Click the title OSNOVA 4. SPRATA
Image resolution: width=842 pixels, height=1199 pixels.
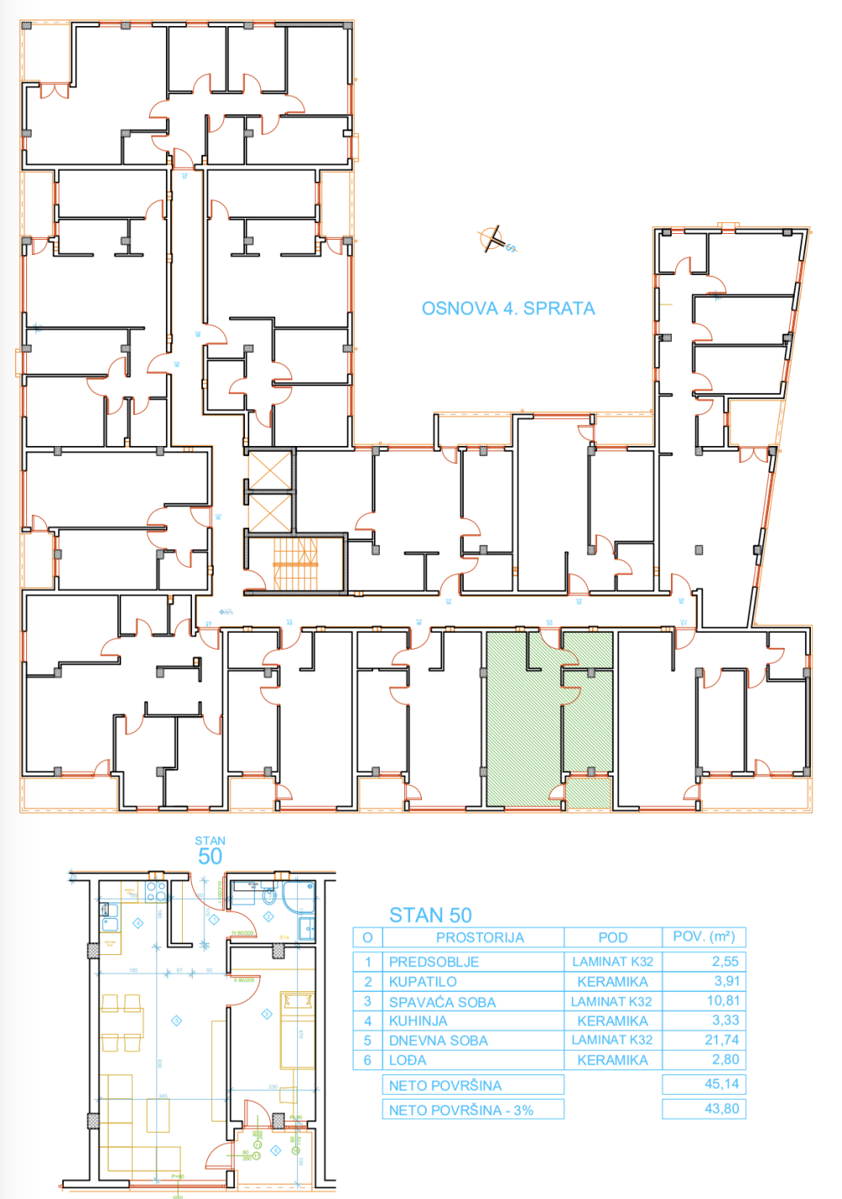pos(508,308)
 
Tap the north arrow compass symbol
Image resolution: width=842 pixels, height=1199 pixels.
pos(493,240)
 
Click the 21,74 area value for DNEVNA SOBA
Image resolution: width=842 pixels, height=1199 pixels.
pos(722,1040)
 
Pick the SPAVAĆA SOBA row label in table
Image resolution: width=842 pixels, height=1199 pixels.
pos(442,1002)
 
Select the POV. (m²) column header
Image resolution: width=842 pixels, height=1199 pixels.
pos(704,936)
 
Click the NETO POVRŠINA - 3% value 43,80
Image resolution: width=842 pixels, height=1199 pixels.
pos(722,1109)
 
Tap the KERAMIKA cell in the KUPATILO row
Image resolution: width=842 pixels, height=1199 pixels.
pos(612,982)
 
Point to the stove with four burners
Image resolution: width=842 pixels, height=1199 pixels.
pos(156,890)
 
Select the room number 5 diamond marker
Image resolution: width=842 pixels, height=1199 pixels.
pos(176,1021)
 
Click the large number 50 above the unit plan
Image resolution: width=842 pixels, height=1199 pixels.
pos(210,857)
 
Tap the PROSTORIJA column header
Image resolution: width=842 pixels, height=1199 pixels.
pos(480,937)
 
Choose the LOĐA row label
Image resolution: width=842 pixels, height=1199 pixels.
pos(408,1060)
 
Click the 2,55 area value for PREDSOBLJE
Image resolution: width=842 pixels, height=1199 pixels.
pos(725,961)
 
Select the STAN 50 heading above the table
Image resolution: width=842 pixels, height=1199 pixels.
pos(430,915)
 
